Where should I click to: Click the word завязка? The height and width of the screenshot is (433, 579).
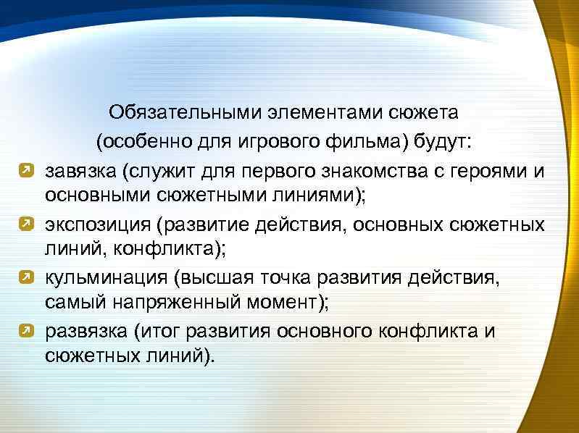click(80, 172)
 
